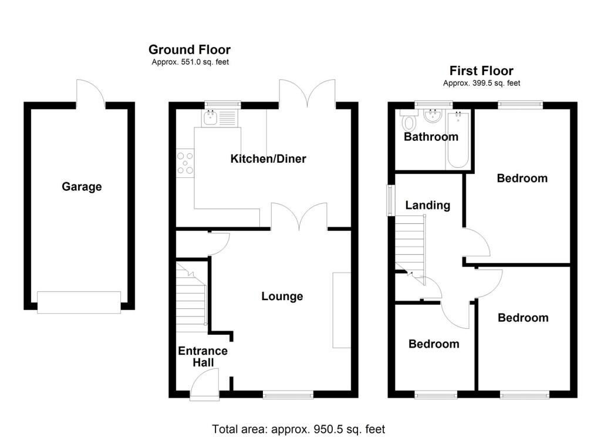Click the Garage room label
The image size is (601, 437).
(x=82, y=187)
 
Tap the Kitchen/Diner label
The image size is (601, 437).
(x=268, y=159)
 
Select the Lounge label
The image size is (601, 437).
(x=282, y=297)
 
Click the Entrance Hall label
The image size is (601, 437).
(x=202, y=357)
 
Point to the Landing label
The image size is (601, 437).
(x=428, y=205)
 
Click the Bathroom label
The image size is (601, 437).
(x=431, y=137)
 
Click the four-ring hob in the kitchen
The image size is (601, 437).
(x=185, y=163)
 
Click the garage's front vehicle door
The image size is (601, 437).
(x=79, y=302)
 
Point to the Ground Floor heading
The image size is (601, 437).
(x=189, y=50)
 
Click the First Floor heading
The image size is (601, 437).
(x=481, y=71)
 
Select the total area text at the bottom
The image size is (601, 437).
(x=298, y=429)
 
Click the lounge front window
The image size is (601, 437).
(x=288, y=395)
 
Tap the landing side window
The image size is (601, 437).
(x=390, y=200)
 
